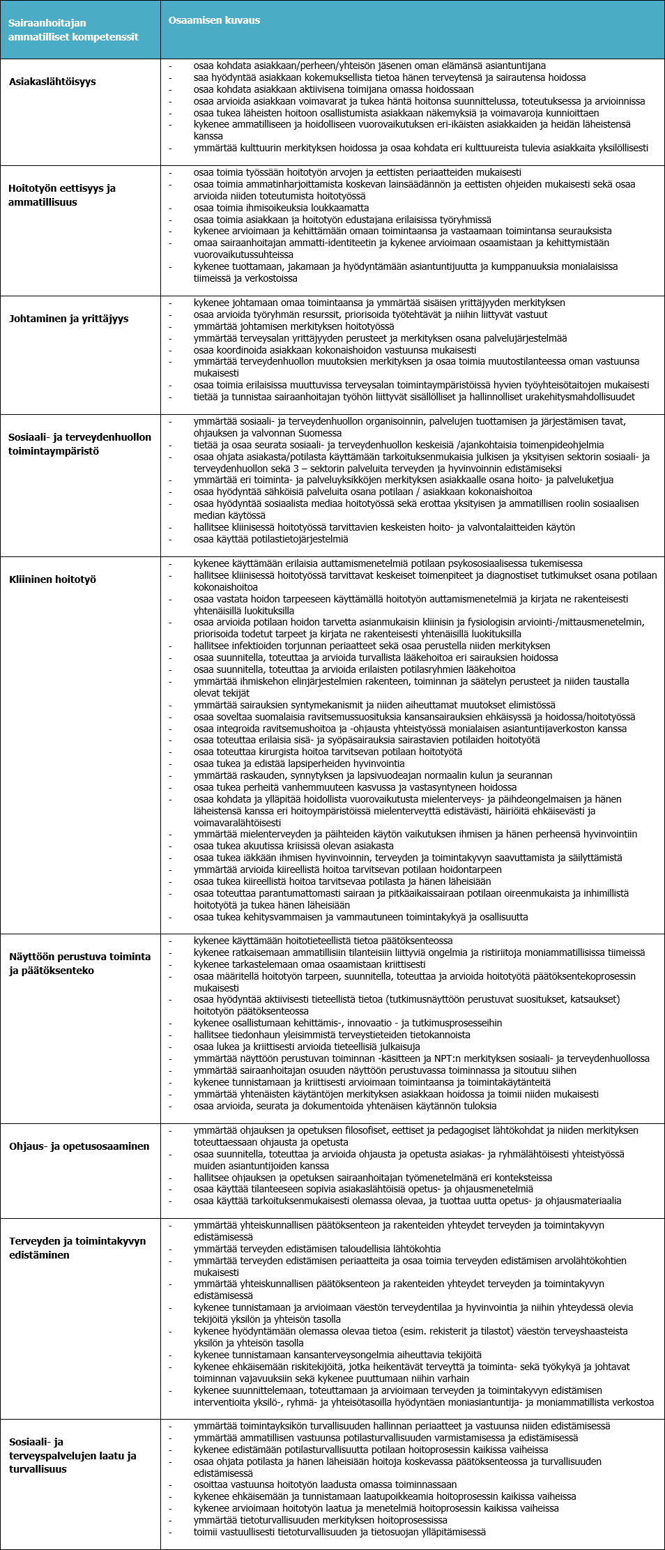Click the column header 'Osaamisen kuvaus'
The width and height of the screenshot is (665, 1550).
214,20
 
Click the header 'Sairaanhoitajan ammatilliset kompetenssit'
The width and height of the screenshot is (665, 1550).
73,30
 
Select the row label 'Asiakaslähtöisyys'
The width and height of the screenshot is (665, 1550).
52,82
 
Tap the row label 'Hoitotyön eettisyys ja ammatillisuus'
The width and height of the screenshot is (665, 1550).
62,195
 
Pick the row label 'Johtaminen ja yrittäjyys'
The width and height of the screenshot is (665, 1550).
68,319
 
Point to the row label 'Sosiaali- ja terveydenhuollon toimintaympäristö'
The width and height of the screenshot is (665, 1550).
79,444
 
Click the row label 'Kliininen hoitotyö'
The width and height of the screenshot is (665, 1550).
52,579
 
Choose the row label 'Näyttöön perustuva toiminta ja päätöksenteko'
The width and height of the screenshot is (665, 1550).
79,964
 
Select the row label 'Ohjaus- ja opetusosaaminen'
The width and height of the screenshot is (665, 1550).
79,1146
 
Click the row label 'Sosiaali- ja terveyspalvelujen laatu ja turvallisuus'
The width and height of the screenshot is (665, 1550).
72,1455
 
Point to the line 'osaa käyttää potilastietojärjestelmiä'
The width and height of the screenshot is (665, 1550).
270,539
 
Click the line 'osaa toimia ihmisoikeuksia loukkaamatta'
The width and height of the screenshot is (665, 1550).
281,208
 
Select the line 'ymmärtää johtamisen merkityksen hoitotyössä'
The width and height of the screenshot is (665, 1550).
293,326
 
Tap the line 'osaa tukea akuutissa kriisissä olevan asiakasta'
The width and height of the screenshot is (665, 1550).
293,846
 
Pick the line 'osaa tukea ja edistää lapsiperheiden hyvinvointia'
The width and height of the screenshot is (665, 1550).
298,763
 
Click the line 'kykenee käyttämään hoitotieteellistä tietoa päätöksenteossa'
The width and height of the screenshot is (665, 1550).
323,941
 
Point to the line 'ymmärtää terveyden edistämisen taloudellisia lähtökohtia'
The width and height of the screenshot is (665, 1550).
317,1249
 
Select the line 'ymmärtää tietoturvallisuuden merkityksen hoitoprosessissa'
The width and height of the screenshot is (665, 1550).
320,1520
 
